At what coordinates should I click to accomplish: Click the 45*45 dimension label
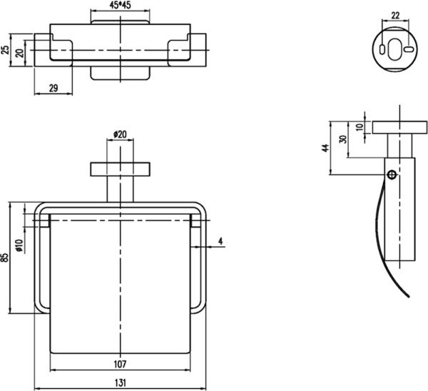pos(121,6)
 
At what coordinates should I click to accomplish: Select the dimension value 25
pos(6,51)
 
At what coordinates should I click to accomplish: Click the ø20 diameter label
pos(120,133)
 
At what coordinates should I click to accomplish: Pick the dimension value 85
pos(6,257)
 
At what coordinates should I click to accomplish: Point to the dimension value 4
pos(221,241)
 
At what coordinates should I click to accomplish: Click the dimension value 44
pos(325,148)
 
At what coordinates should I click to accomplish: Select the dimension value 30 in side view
pos(343,140)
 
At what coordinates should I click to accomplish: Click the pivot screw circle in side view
pos(392,174)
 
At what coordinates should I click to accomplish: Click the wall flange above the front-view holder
pos(120,169)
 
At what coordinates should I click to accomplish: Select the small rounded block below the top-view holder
pos(120,73)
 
